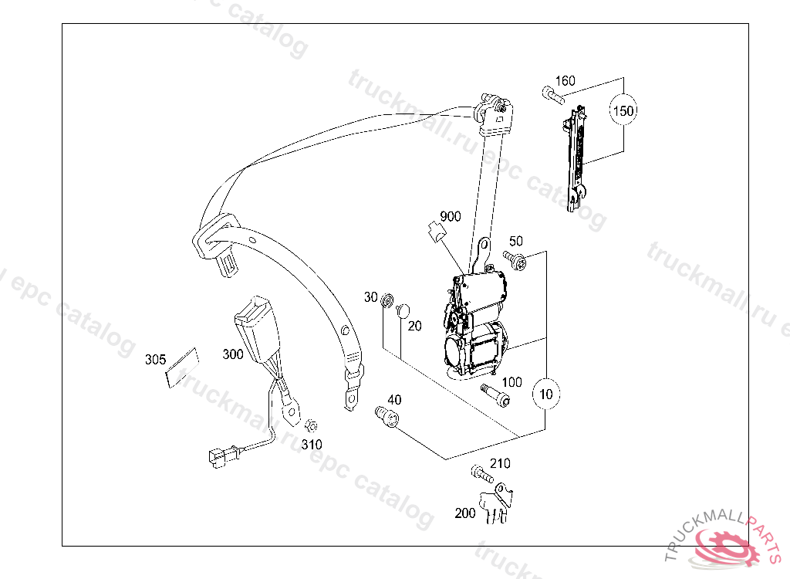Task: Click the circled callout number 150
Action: point(623,111)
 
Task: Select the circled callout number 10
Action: point(546,394)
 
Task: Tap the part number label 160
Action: point(565,81)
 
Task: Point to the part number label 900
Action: point(451,216)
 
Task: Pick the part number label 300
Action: point(233,354)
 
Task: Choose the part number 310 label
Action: point(312,445)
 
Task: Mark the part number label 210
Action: point(500,463)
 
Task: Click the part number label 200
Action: point(465,513)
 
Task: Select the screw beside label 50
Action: point(515,260)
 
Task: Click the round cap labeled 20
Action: point(403,310)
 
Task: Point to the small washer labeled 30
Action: point(389,298)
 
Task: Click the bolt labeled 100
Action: point(495,394)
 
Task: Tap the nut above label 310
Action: point(312,425)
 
